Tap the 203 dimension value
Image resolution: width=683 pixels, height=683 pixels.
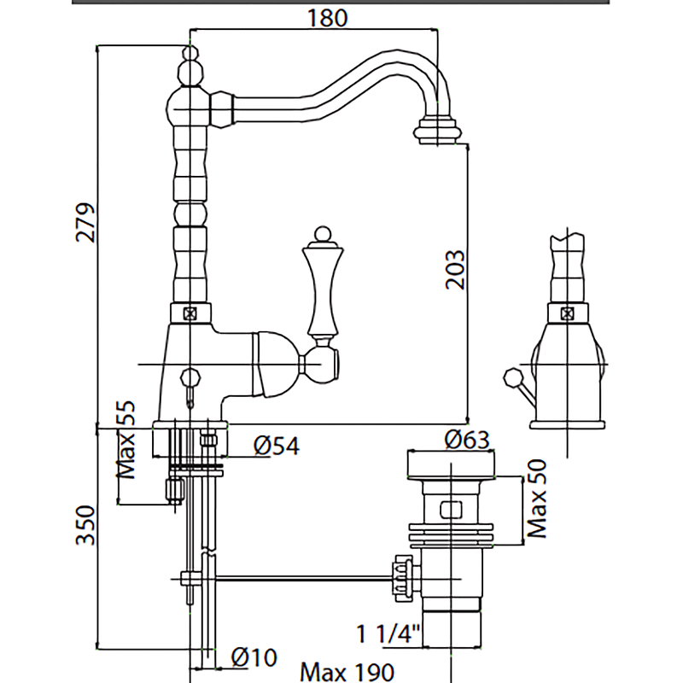pyautogui.click(x=456, y=269)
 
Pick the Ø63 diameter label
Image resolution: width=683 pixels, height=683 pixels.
pyautogui.click(x=466, y=440)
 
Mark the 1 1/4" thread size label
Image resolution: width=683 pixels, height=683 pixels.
pyautogui.click(x=389, y=634)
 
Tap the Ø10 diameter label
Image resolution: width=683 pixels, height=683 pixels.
pyautogui.click(x=254, y=657)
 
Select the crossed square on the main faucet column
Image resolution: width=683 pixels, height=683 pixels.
pyautogui.click(x=190, y=313)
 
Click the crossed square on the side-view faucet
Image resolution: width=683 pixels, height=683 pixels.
pyautogui.click(x=567, y=312)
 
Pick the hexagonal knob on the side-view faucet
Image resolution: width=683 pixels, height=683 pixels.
pyautogui.click(x=512, y=376)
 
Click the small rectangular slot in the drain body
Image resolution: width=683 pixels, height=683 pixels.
pyautogui.click(x=451, y=511)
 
